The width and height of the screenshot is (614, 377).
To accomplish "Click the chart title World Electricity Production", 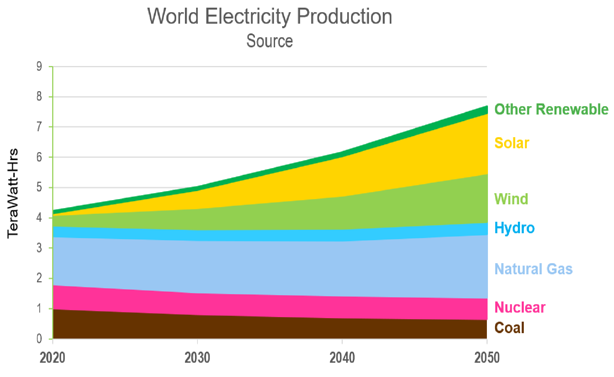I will (x=270, y=16).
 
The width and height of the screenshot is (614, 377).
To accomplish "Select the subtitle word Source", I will (x=269, y=41).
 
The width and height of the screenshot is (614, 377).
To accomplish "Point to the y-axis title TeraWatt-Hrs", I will (x=13, y=194).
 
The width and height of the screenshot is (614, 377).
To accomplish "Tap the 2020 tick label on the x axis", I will (x=52, y=358).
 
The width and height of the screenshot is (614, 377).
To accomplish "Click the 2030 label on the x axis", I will (x=197, y=358).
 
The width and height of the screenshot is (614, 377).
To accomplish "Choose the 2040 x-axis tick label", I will (x=342, y=358).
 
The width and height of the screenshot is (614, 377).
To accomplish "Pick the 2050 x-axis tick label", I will (x=487, y=358).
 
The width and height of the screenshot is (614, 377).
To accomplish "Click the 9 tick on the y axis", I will (x=39, y=66).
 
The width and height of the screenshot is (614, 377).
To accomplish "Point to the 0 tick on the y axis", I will (x=39, y=338).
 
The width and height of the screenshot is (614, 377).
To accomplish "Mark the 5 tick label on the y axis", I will (x=39, y=187).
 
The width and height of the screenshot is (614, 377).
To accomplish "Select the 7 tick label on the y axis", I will (x=39, y=127).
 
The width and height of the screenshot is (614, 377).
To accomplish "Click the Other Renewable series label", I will (x=551, y=109).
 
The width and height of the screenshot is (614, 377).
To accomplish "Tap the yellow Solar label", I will (x=512, y=143).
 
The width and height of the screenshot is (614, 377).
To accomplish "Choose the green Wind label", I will (x=511, y=199).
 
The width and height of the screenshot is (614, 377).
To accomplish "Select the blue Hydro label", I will (x=514, y=228).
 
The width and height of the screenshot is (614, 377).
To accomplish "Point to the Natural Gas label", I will (x=533, y=269).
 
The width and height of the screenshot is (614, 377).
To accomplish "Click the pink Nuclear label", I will (x=520, y=307).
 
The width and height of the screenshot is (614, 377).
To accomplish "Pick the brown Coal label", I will (x=509, y=328).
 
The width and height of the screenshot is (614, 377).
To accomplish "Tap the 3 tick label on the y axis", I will (x=39, y=248).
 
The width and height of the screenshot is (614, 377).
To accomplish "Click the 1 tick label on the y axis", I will (x=39, y=308).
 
